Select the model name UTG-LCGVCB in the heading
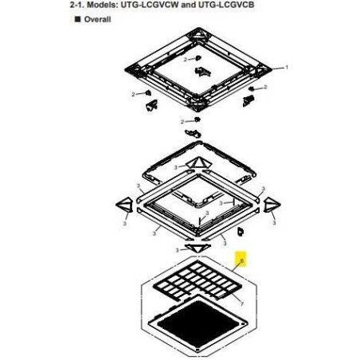pos(226,5)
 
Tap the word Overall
pos(97,19)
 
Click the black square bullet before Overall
pos(77,19)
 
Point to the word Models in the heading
pos(104,5)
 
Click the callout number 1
pos(287,68)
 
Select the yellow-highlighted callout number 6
pos(241,260)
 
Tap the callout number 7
pos(241,304)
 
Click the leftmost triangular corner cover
pos(124,205)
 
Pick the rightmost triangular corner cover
pos(272,205)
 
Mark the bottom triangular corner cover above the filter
pos(198,248)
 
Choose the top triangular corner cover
pos(198,162)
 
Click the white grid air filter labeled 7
pos(198,280)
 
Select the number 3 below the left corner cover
pos(125,224)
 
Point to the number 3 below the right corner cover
pos(274,223)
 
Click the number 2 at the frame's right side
pos(265,87)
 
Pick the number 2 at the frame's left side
pos(133,94)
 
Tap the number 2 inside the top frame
pos(186,60)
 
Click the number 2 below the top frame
pos(182,122)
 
